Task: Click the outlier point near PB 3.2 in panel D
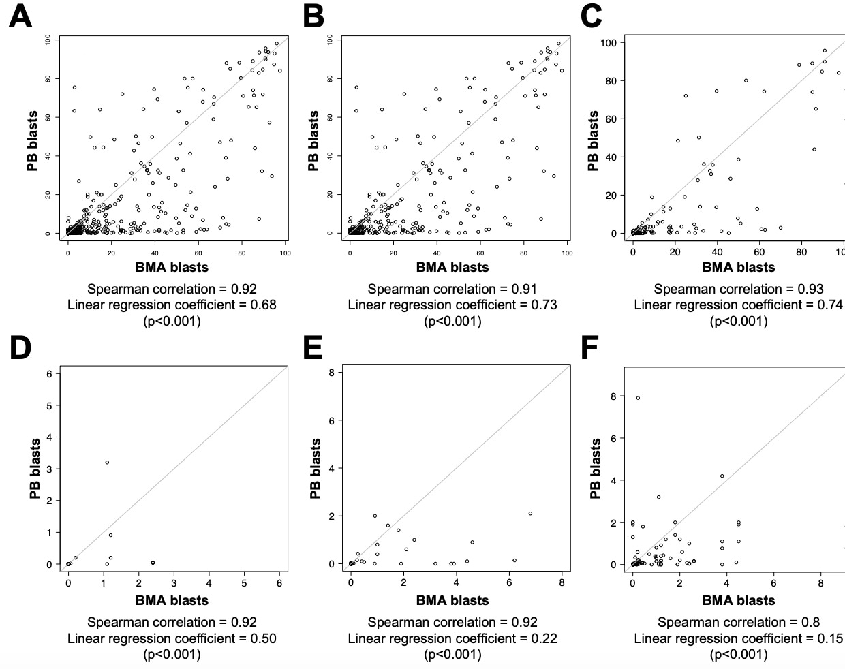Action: [x=107, y=463]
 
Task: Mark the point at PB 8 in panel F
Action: [x=638, y=398]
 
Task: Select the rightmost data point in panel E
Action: [x=530, y=514]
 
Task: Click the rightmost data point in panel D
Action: [x=153, y=563]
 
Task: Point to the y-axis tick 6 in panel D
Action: [x=49, y=373]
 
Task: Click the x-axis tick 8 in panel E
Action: [x=562, y=583]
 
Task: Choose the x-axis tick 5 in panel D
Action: [x=244, y=583]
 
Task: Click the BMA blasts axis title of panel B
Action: [x=452, y=267]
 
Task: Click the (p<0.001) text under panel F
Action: [x=739, y=655]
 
